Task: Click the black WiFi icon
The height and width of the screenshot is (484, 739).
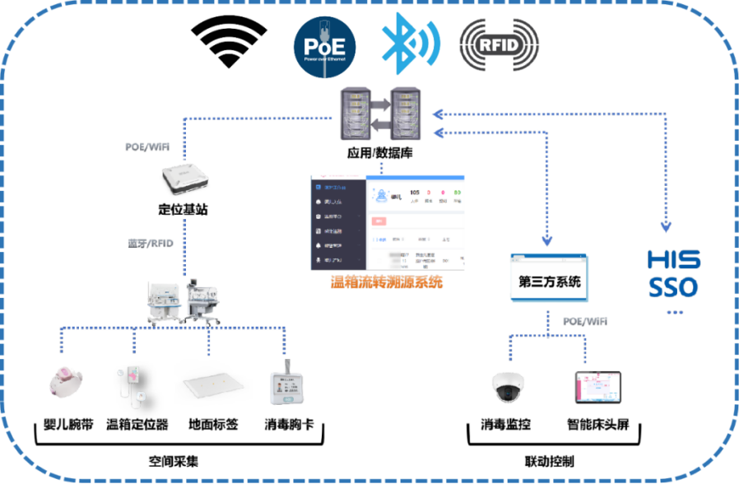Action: [229, 43]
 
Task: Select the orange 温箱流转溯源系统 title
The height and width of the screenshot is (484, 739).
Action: [386, 282]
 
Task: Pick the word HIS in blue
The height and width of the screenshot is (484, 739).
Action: [673, 261]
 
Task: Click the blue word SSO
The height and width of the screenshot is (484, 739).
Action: [672, 288]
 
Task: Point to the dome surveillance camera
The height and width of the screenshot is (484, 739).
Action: [505, 385]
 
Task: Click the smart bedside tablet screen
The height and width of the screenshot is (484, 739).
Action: [598, 386]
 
